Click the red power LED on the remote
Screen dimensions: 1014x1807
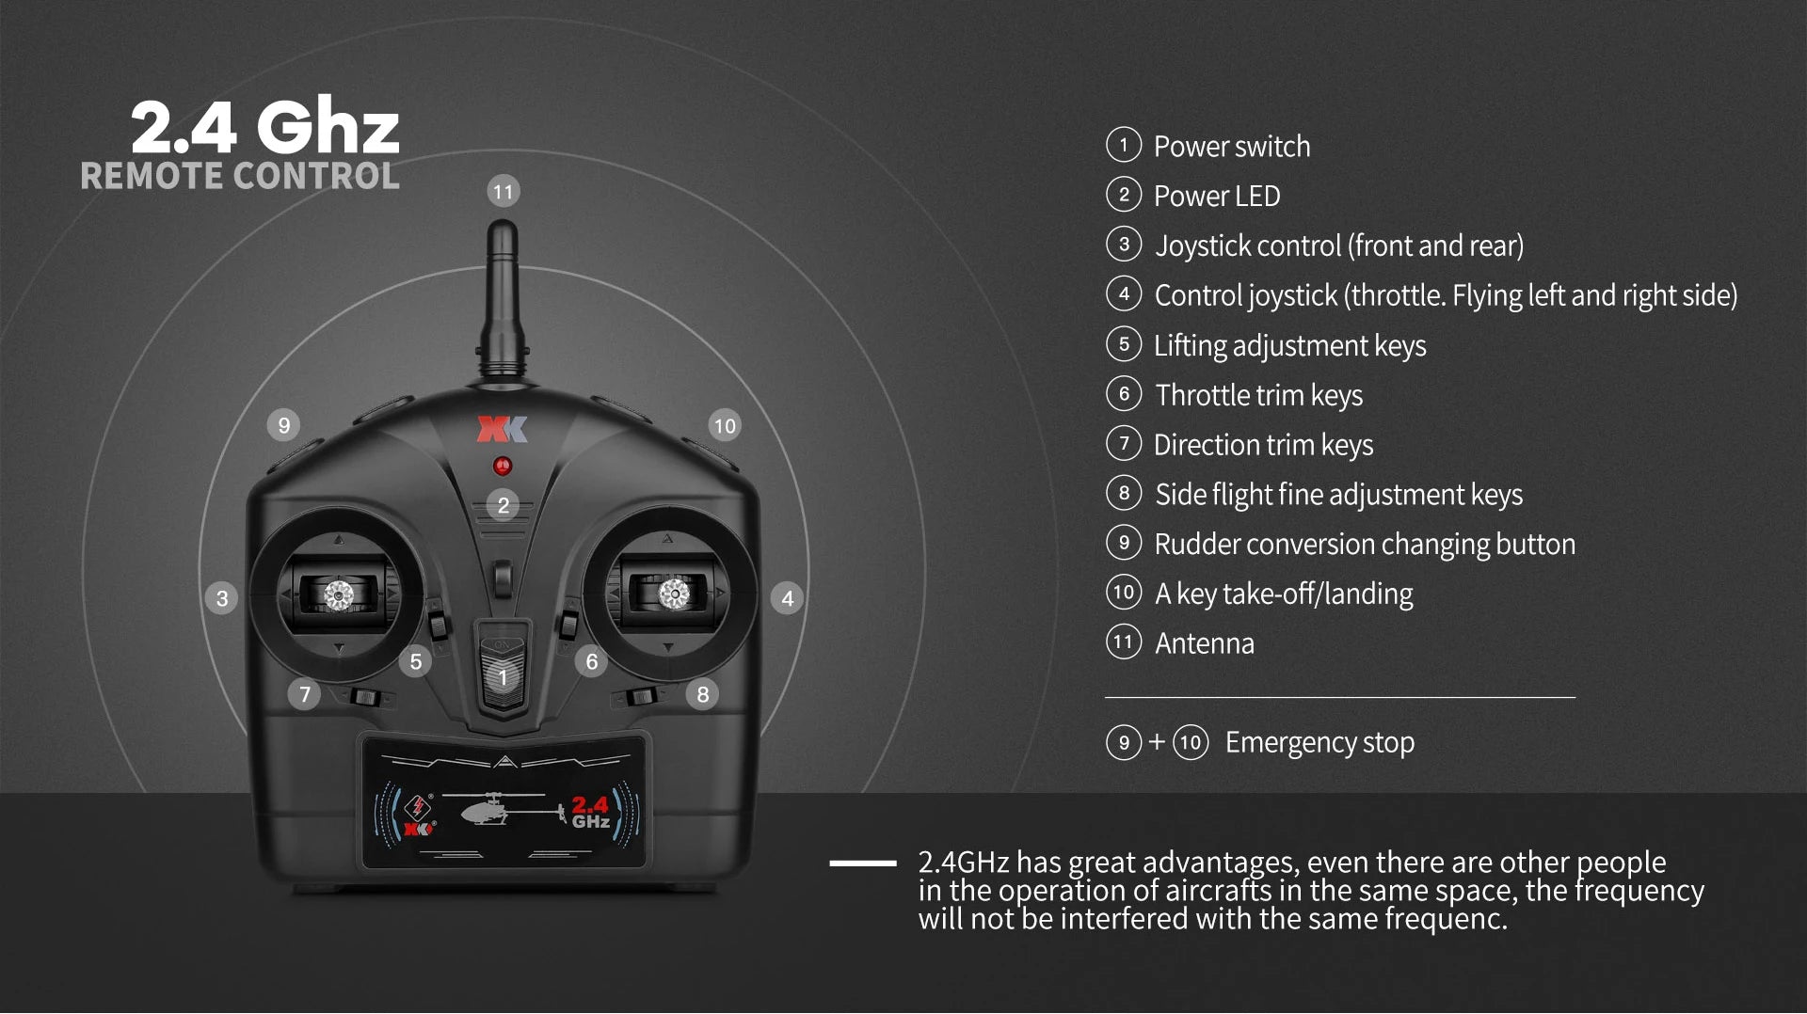click(503, 466)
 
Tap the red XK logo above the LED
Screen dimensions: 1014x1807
click(503, 429)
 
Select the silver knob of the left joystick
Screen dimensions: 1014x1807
click(339, 594)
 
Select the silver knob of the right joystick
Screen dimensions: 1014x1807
click(674, 594)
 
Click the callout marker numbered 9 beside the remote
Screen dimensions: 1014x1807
click(283, 425)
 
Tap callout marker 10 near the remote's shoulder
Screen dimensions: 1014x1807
click(725, 426)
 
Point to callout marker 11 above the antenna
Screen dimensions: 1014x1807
click(504, 192)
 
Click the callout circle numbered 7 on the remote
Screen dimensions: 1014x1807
click(304, 694)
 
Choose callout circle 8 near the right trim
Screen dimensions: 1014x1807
click(703, 694)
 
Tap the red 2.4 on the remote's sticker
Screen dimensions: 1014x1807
click(590, 805)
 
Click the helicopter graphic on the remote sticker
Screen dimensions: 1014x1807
click(499, 809)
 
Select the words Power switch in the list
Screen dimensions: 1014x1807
click(1231, 147)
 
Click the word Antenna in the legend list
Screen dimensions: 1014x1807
click(1204, 643)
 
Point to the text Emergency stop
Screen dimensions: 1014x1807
click(1319, 742)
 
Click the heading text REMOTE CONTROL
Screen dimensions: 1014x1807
click(240, 176)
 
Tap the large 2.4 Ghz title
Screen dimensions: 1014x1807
click(265, 126)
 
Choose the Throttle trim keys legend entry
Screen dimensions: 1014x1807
click(1258, 395)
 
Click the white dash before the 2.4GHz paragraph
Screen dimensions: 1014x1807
click(862, 863)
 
